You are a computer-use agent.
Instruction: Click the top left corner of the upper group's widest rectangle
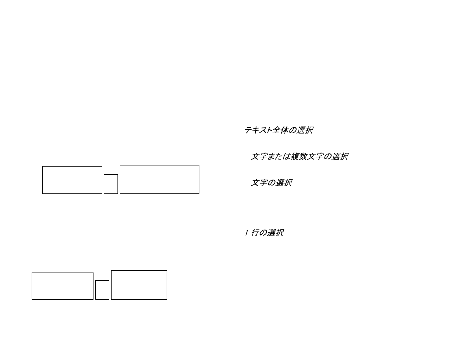point(120,165)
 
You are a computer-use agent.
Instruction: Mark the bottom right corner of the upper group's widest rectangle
point(199,194)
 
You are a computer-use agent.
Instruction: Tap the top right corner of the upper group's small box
point(118,174)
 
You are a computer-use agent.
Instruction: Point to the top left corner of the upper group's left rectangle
point(43,166)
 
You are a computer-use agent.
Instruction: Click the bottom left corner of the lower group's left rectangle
point(32,300)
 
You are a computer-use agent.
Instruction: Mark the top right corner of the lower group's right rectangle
point(167,270)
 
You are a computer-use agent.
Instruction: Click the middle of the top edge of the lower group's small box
point(102,280)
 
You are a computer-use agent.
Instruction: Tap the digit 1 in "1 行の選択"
point(247,233)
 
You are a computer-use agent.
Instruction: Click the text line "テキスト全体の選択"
point(279,130)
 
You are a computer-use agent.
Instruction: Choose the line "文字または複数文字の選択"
point(300,156)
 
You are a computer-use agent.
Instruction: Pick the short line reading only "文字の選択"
point(271,183)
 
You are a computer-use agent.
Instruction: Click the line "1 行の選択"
point(264,233)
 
